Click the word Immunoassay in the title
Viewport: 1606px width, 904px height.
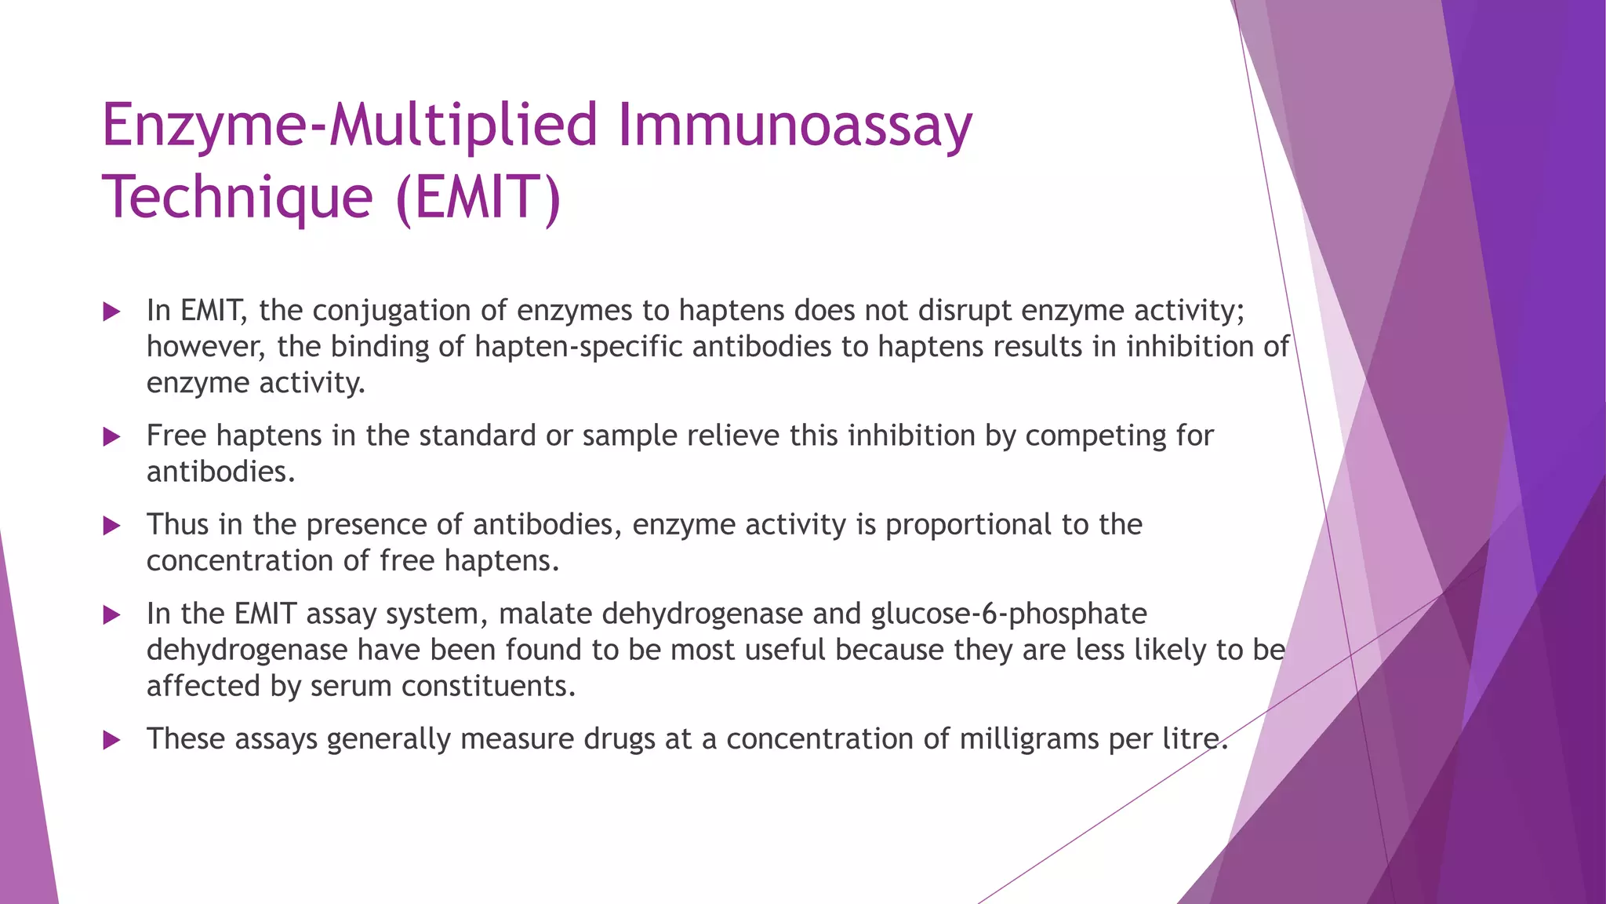[794, 126]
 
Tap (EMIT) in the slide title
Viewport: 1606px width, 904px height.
[478, 198]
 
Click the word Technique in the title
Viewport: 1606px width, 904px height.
[237, 198]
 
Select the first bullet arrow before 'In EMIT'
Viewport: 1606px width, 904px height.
[112, 312]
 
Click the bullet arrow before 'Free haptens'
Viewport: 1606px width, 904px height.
[112, 436]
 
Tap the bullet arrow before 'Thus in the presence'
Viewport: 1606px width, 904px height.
[112, 525]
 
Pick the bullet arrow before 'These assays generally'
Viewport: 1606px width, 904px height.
[112, 739]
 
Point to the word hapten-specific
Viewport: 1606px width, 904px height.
[578, 347]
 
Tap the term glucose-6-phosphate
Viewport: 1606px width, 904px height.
[1008, 614]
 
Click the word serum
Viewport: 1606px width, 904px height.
[351, 687]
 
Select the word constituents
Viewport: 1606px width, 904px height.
[488, 687]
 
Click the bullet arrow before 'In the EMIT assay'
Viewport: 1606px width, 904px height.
[112, 614]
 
